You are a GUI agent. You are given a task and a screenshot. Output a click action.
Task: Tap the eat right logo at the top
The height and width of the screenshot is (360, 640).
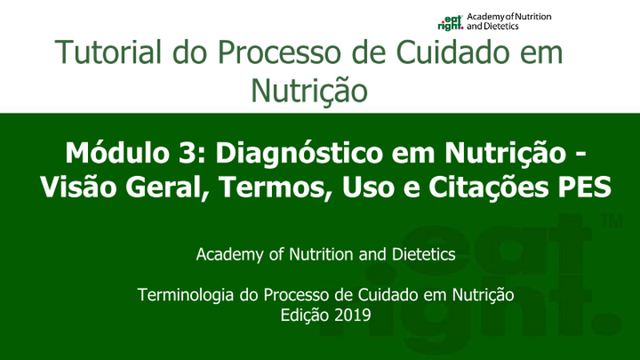(450, 22)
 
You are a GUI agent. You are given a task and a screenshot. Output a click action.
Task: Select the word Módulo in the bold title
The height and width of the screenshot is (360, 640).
(117, 153)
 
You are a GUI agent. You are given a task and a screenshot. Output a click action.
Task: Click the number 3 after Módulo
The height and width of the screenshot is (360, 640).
(186, 153)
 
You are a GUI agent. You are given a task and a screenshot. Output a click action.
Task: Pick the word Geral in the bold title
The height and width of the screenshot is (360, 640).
(168, 188)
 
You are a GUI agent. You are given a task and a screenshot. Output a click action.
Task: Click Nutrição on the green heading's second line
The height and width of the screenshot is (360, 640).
(310, 91)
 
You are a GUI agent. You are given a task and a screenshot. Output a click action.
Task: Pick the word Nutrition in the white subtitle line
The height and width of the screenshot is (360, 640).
(321, 254)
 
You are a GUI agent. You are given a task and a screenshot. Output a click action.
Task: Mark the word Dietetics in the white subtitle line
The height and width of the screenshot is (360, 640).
(424, 254)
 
